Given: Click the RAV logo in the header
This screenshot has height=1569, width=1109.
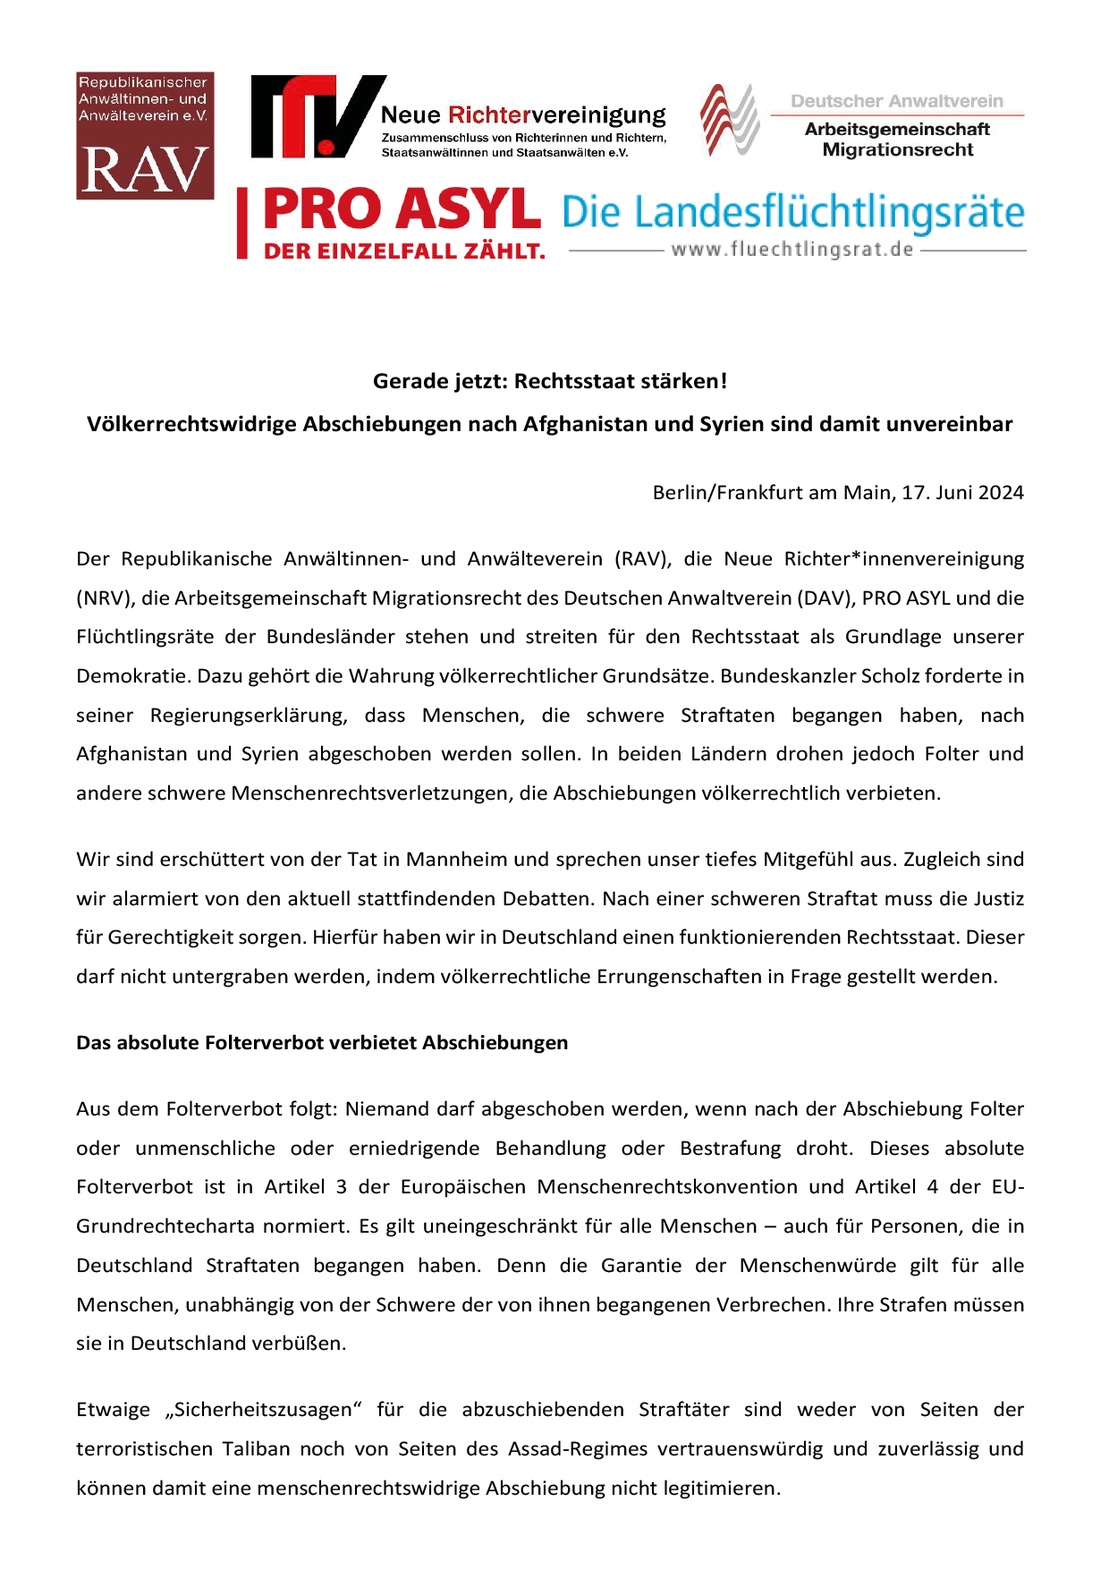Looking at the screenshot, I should [145, 136].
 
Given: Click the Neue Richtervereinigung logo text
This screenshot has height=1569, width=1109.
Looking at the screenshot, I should [523, 115].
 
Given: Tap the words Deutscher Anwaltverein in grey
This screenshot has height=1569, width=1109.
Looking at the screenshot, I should [896, 101].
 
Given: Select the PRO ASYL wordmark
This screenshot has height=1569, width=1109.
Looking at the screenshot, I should [402, 210].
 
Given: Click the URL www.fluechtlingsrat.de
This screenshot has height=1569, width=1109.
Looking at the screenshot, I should [792, 250].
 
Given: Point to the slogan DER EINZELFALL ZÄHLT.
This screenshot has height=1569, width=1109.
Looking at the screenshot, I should [404, 252].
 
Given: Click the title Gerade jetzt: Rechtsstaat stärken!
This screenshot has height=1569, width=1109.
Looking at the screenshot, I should [549, 381].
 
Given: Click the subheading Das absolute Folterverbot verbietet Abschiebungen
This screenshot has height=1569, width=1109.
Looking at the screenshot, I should [322, 1043].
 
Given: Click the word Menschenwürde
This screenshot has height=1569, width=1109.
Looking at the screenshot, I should [817, 1266].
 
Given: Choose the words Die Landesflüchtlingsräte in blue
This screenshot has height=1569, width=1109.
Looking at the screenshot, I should [792, 213].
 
